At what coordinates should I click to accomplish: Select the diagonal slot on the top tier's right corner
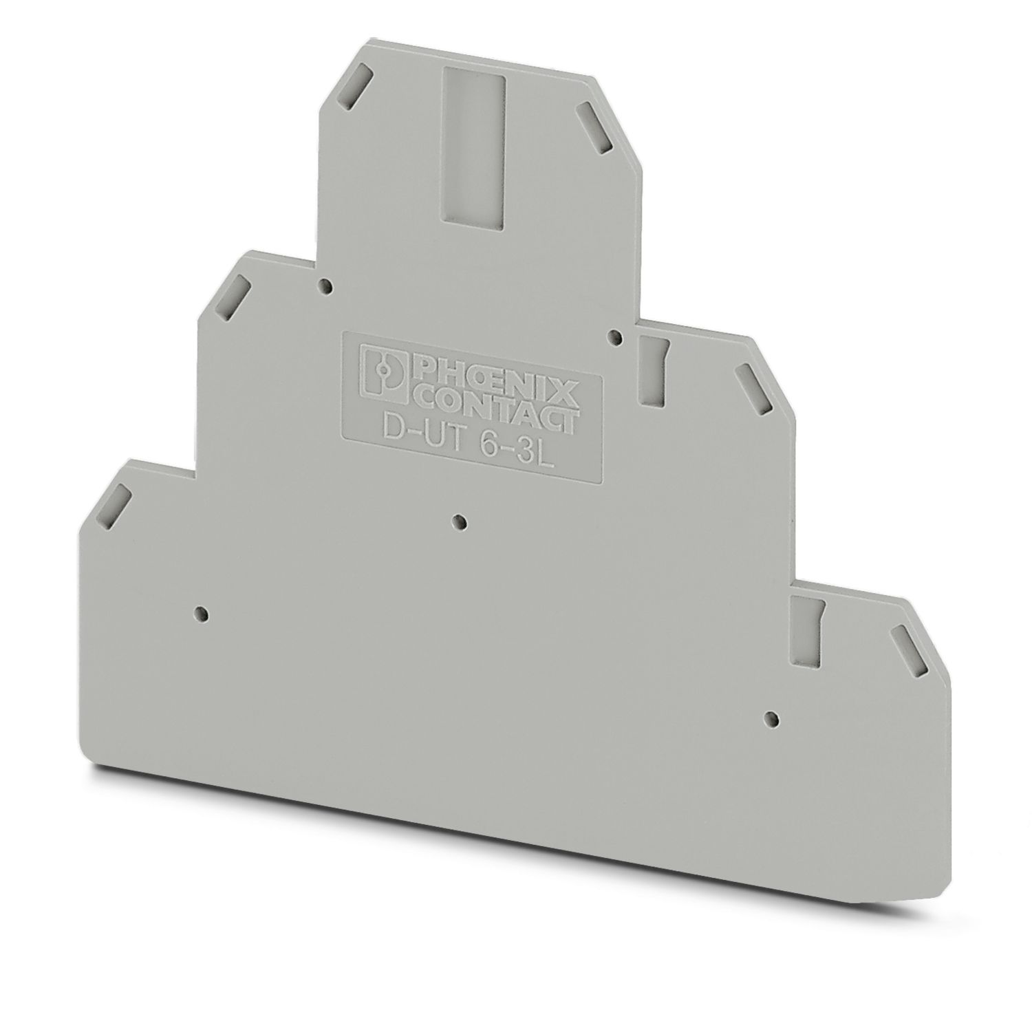(592, 129)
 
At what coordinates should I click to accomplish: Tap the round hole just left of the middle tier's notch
(616, 336)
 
